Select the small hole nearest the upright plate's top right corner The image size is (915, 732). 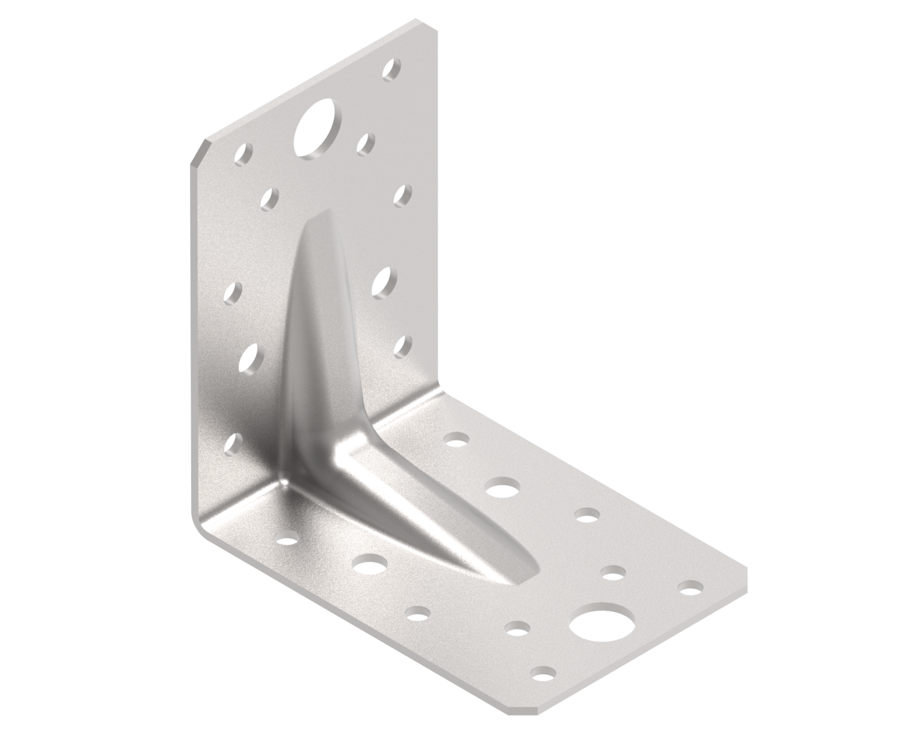[393, 69]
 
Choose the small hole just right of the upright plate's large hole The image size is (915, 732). [366, 144]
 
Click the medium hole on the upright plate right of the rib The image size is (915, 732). [383, 281]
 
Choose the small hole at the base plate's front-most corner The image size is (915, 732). [543, 672]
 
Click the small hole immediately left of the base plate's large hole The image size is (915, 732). [518, 629]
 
